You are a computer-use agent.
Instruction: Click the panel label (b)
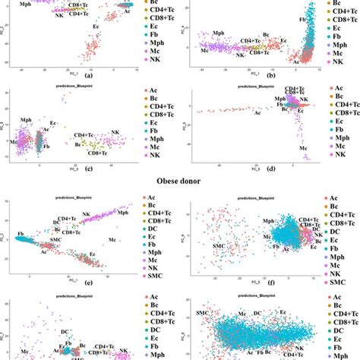[x=251, y=76]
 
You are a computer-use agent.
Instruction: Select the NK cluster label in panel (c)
[x=115, y=134]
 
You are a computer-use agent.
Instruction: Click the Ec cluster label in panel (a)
[x=96, y=27]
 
